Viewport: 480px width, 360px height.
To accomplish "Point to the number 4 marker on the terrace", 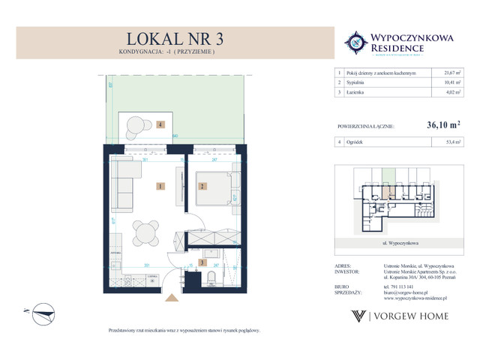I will tap(160, 125).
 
